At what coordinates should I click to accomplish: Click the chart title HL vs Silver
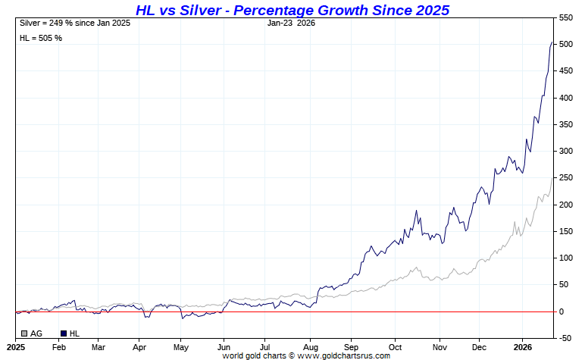click(292, 10)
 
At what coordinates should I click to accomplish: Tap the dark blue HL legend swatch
click(63, 333)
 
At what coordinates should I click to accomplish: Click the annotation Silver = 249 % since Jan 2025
click(75, 23)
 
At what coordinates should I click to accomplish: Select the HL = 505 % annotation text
click(41, 38)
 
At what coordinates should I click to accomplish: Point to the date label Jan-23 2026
click(291, 23)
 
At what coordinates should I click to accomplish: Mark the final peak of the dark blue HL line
click(552, 42)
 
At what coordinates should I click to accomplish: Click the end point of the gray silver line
click(552, 177)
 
